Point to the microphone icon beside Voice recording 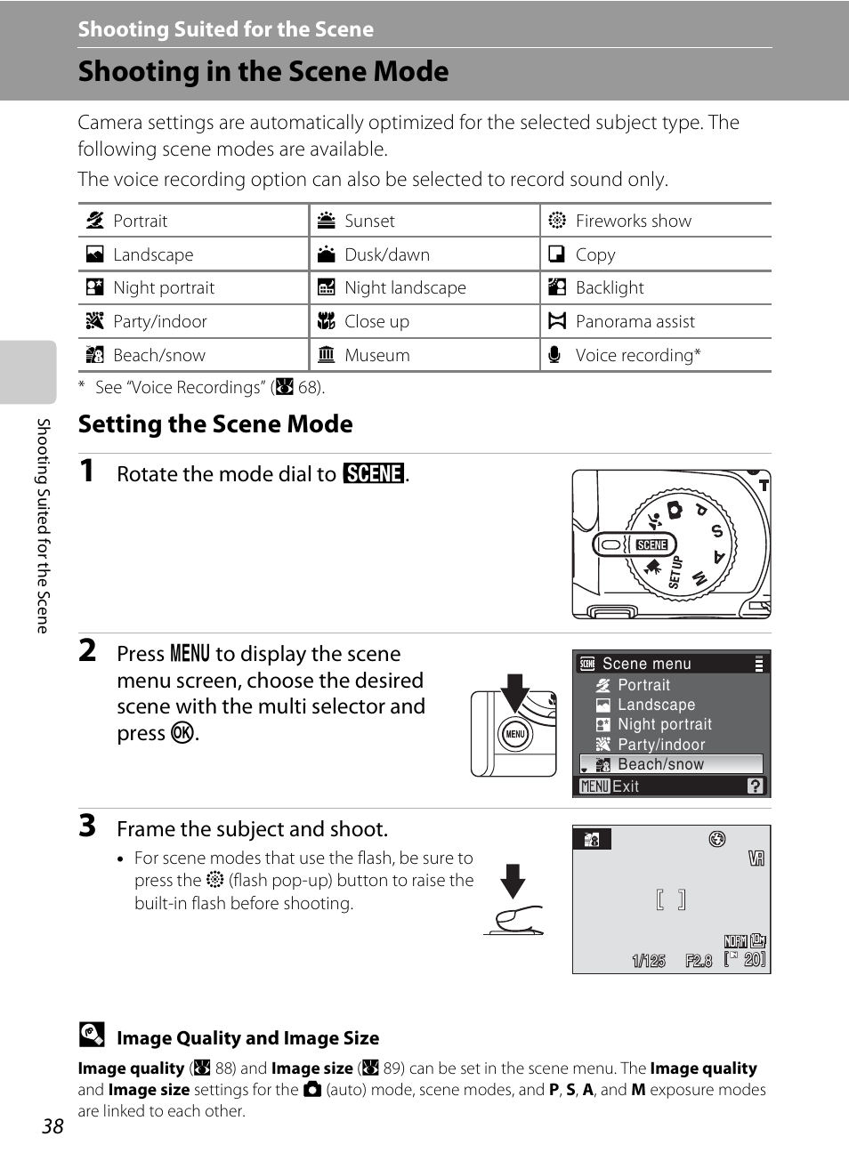(555, 355)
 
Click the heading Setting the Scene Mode (215, 423)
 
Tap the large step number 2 (87, 650)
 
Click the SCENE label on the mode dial (651, 544)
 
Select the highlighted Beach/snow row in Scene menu (672, 764)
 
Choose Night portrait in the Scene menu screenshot (664, 724)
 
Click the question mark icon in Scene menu (756, 786)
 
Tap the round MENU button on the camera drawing (515, 734)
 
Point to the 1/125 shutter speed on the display (649, 961)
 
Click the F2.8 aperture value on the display (699, 961)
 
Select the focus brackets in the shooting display (670, 899)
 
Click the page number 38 (53, 1126)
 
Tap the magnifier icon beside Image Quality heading (92, 1034)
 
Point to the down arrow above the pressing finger (513, 880)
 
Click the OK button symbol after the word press (182, 732)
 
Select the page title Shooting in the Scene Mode (263, 71)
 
